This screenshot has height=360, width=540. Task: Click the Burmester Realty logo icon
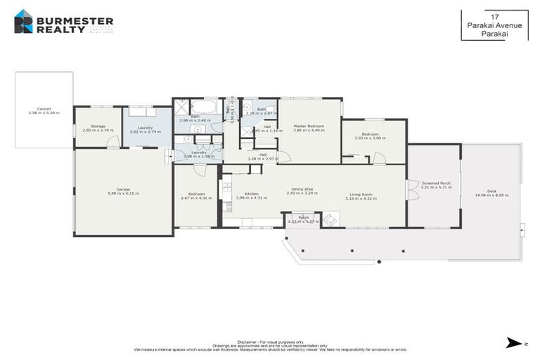[x=23, y=22]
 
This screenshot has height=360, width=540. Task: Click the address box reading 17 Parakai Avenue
[x=494, y=25]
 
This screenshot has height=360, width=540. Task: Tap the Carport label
[x=44, y=109]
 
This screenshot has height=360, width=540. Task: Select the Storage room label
[x=98, y=127]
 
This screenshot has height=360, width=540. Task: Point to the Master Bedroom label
[x=309, y=126]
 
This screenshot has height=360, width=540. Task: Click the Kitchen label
[x=252, y=194]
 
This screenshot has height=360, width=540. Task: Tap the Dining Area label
[x=302, y=189]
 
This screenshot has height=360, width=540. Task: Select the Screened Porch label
[x=435, y=184]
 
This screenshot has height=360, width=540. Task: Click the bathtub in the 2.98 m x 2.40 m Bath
[x=206, y=108]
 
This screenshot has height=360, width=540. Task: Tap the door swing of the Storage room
[x=110, y=143]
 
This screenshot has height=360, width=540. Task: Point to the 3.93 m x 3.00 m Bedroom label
[x=370, y=134]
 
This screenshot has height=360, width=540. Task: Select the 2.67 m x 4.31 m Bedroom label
[x=196, y=194]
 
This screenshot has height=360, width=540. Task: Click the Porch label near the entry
[x=304, y=218]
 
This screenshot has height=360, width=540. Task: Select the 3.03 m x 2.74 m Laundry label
[x=146, y=127]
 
